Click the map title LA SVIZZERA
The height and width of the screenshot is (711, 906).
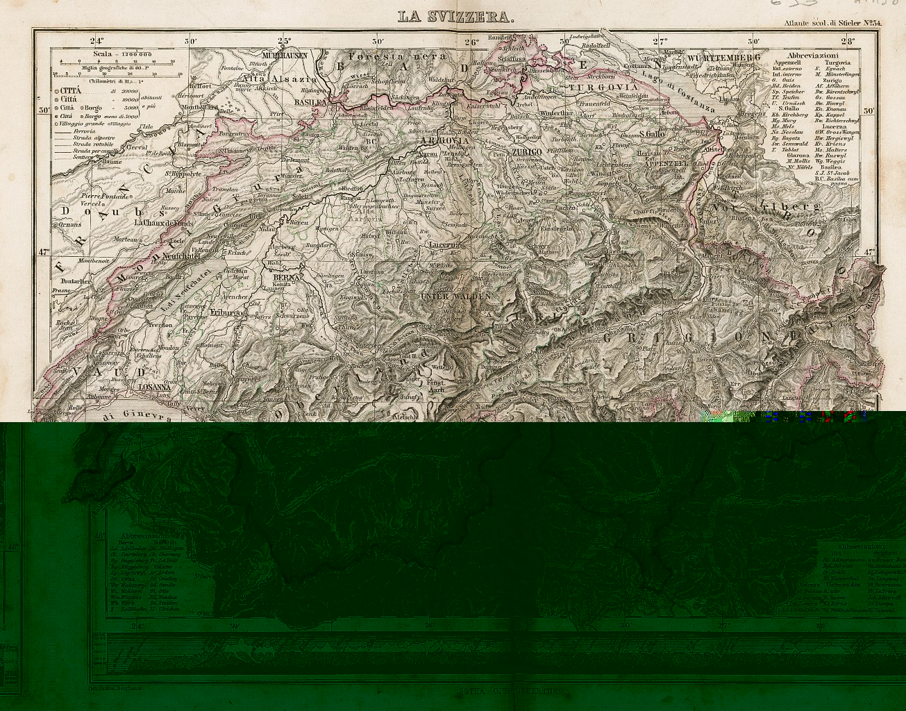click(456, 17)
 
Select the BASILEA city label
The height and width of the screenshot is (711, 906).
click(310, 101)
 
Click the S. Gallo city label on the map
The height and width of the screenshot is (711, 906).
click(653, 134)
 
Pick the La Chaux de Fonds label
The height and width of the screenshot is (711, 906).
click(163, 223)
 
